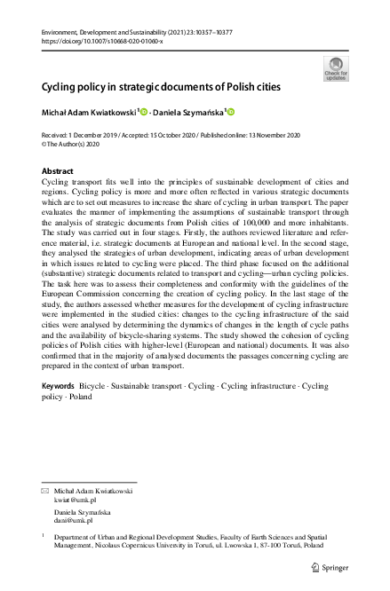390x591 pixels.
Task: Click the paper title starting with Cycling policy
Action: click(161, 88)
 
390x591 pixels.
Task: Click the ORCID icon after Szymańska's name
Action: click(231, 112)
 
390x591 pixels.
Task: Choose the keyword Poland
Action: click(82, 423)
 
